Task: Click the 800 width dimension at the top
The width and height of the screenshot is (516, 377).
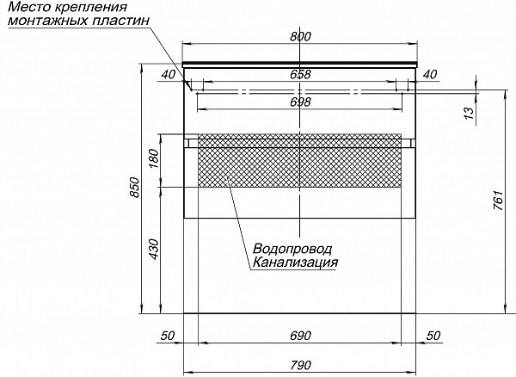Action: pyautogui.click(x=300, y=36)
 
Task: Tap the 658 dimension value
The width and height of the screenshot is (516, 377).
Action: pyautogui.click(x=300, y=74)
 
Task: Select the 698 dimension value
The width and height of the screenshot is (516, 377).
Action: pyautogui.click(x=300, y=102)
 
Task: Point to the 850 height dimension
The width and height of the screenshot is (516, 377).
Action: pyautogui.click(x=135, y=188)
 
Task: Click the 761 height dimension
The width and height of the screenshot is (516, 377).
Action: pyautogui.click(x=498, y=201)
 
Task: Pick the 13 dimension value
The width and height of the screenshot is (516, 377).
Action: pyautogui.click(x=470, y=113)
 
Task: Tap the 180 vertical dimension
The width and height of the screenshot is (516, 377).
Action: pyautogui.click(x=154, y=158)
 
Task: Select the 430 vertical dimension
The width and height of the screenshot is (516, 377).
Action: pyautogui.click(x=154, y=250)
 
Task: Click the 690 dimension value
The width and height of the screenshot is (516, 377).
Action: pyautogui.click(x=300, y=336)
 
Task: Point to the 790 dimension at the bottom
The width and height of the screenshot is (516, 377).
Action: pyautogui.click(x=300, y=365)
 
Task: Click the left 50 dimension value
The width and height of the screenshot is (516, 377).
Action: pyautogui.click(x=168, y=336)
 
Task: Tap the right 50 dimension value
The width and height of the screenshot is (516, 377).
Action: pyautogui.click(x=433, y=336)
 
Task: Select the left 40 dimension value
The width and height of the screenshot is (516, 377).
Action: pyautogui.click(x=169, y=75)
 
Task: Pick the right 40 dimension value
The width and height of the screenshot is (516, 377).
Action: pyautogui.click(x=430, y=75)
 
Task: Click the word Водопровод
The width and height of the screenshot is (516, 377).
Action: pyautogui.click(x=292, y=250)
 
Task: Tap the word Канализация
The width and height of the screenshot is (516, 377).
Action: pyautogui.click(x=295, y=263)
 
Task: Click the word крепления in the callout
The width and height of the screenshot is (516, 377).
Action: pyautogui.click(x=89, y=7)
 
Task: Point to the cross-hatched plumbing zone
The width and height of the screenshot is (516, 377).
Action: pyautogui.click(x=299, y=160)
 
